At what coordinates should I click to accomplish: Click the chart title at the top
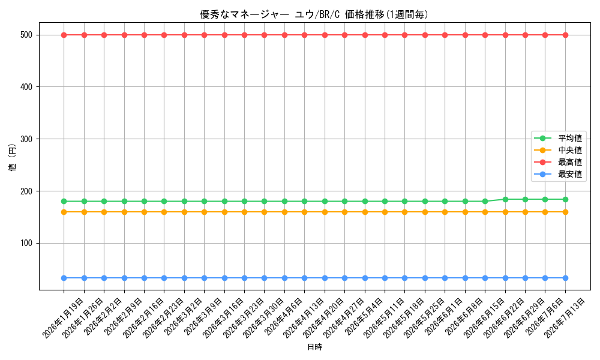(314, 14)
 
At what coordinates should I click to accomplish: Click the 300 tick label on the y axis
(26, 139)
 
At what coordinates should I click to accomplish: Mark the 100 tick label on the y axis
(26, 244)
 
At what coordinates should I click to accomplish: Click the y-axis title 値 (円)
(12, 157)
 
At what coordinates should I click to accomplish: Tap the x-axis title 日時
(314, 347)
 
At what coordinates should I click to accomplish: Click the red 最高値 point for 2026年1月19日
(64, 35)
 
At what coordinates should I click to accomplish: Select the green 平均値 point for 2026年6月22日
(505, 199)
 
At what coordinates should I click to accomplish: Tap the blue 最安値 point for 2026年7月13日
(565, 278)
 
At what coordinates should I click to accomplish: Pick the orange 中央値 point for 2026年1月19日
(64, 212)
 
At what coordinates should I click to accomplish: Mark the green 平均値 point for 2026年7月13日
(565, 199)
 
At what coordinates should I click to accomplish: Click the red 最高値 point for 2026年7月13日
(565, 35)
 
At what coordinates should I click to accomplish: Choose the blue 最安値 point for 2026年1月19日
(64, 278)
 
